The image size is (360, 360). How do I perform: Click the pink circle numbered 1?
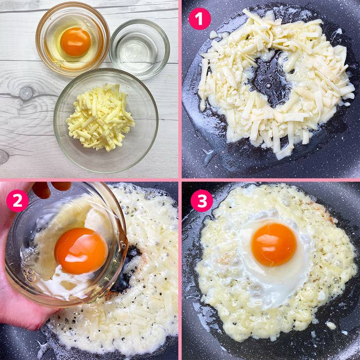pyautogui.click(x=200, y=19)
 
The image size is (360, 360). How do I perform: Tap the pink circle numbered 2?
pyautogui.click(x=17, y=201)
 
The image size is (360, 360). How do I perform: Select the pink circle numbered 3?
pyautogui.click(x=202, y=201)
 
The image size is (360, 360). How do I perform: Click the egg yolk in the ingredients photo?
pyautogui.click(x=76, y=42)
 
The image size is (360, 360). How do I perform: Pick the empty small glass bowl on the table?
pyautogui.click(x=139, y=48)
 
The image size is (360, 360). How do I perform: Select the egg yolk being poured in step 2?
pyautogui.click(x=81, y=250)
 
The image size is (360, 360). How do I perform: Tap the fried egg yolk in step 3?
pyautogui.click(x=274, y=244)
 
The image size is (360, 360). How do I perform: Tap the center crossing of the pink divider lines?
pyautogui.click(x=180, y=180)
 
